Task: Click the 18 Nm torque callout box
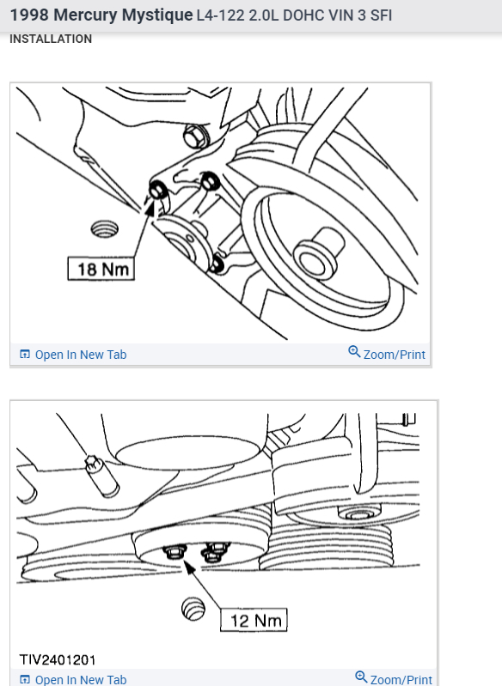click(101, 269)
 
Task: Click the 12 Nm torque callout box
click(254, 620)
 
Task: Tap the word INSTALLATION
click(51, 39)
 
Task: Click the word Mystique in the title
click(156, 15)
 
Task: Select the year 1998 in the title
click(29, 15)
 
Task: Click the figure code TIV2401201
click(58, 659)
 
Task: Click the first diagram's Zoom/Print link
click(387, 354)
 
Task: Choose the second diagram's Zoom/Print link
click(394, 678)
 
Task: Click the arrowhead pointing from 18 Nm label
click(149, 207)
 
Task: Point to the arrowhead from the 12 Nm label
click(189, 568)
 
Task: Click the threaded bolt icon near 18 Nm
click(104, 229)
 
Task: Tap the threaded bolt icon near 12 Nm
click(193, 609)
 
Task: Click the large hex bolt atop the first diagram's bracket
click(195, 136)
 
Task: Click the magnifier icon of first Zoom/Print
click(354, 351)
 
